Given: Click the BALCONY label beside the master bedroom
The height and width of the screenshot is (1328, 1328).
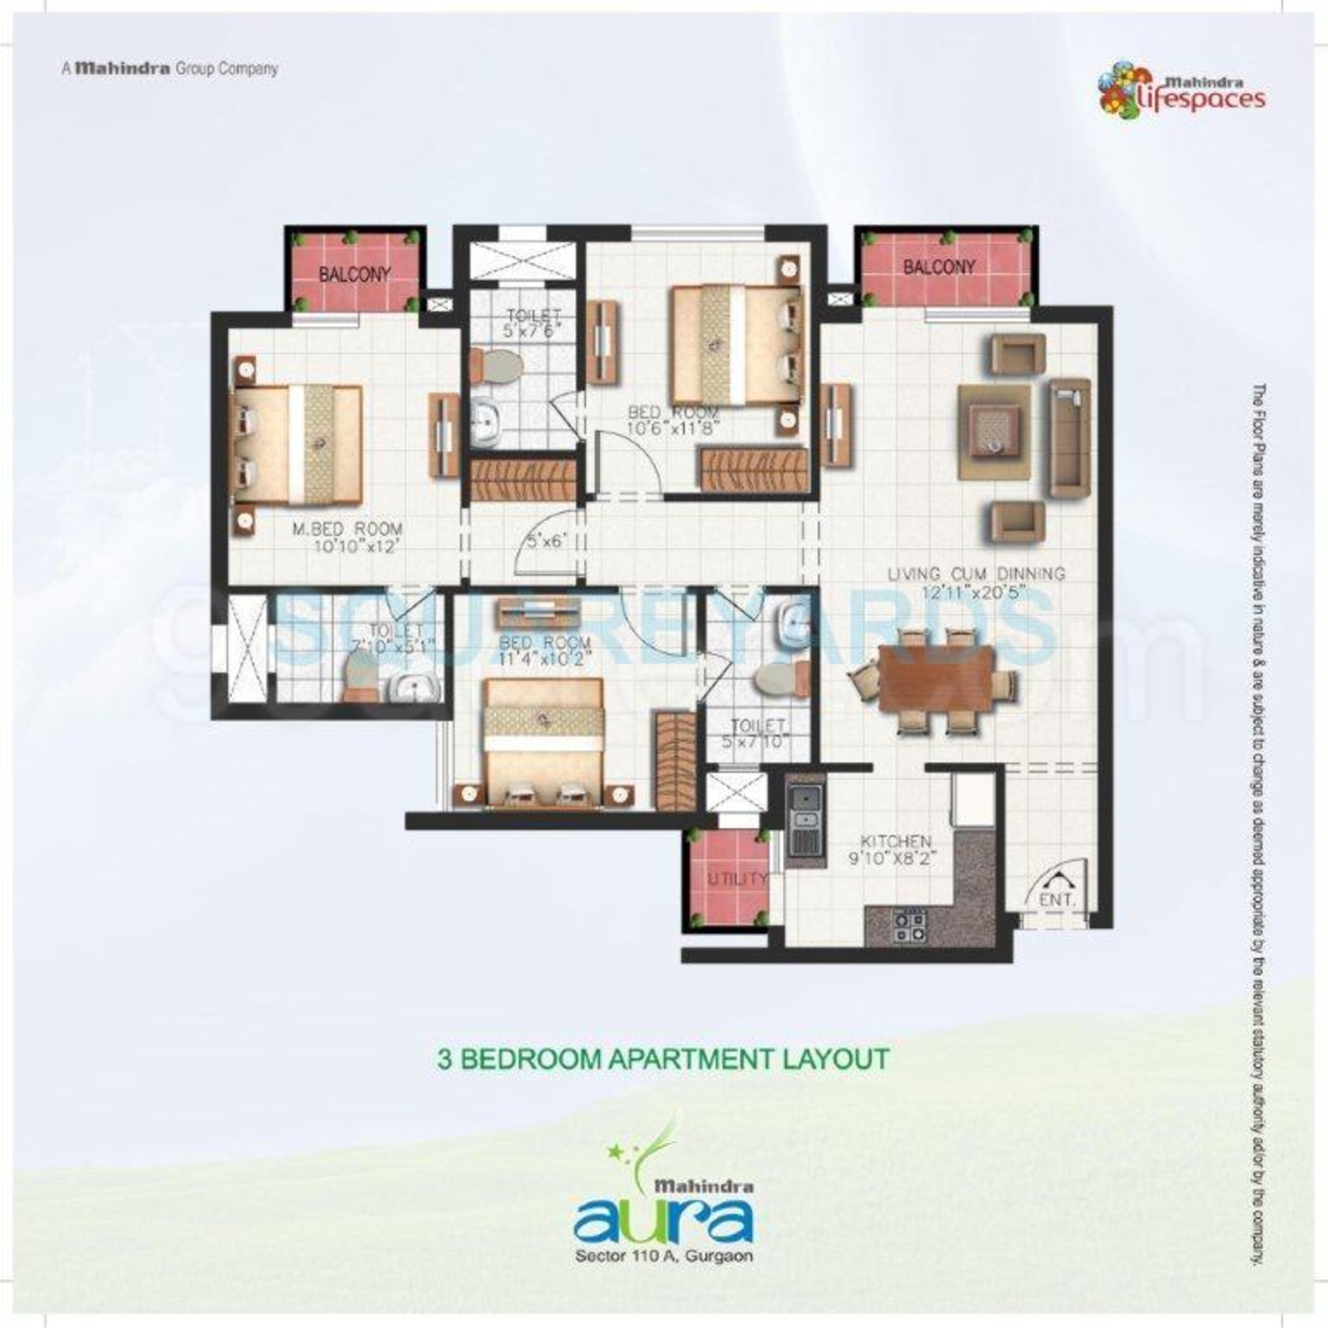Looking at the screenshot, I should click(x=355, y=274).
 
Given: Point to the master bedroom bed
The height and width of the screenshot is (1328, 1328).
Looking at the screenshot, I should click(x=297, y=444).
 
